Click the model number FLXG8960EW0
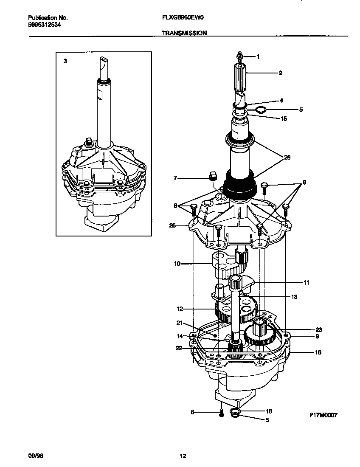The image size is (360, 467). (183, 18)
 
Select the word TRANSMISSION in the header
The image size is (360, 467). (184, 33)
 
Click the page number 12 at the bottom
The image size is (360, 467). (183, 456)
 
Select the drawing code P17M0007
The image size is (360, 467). (323, 415)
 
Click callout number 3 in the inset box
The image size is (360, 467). (65, 61)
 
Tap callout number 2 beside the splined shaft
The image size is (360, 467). (280, 73)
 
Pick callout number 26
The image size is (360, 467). (287, 157)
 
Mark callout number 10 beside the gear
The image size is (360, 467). (177, 264)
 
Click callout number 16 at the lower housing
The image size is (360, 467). (318, 352)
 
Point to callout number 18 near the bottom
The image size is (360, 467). (268, 411)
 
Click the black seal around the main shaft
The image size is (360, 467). (240, 184)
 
